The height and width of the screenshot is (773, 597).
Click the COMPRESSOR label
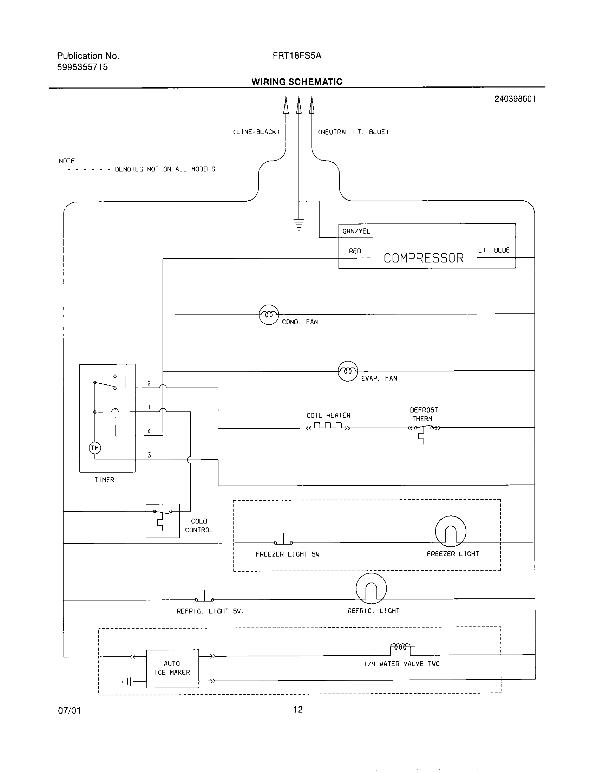click(x=424, y=258)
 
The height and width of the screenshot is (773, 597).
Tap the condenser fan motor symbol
click(x=269, y=314)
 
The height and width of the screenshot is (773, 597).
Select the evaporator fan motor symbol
click(x=348, y=371)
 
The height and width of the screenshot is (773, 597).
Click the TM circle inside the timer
click(x=95, y=448)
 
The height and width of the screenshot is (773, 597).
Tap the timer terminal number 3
click(x=149, y=455)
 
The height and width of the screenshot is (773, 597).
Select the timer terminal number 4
click(x=149, y=431)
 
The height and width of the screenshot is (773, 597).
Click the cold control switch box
click(x=163, y=521)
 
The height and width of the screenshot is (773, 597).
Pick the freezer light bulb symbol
click(x=450, y=531)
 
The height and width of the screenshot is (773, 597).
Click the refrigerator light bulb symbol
click(x=371, y=588)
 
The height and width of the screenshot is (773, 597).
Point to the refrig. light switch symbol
click(x=204, y=598)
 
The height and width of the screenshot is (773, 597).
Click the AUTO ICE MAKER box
click(x=172, y=669)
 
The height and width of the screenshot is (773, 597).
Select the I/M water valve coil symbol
click(x=400, y=647)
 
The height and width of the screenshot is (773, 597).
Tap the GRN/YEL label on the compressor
click(x=356, y=232)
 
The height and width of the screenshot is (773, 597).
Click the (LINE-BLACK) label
click(x=256, y=132)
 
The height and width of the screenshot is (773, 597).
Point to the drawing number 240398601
click(x=515, y=99)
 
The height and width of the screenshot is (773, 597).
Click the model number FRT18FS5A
click(x=297, y=56)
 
